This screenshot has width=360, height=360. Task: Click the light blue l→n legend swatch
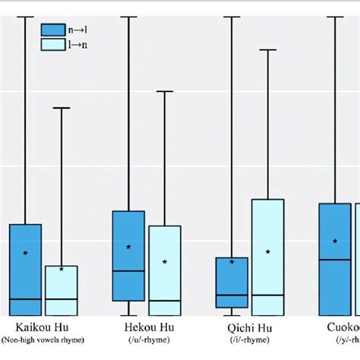52,45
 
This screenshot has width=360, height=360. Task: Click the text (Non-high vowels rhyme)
43,339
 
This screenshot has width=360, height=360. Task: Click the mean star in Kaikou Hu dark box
25,252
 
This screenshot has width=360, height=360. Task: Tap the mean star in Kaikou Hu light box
62,268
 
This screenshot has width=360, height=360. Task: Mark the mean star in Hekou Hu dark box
128,247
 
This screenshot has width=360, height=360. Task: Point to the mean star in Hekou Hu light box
165,261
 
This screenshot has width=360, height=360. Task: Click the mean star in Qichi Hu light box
268,251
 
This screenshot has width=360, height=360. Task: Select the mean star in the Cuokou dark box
335,241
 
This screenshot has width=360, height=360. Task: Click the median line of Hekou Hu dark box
128,270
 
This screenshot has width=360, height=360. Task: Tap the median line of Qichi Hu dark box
232,295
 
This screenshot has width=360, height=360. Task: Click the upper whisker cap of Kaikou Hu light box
62,108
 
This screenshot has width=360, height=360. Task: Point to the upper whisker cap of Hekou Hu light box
165,91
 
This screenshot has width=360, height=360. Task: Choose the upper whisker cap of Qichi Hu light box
268,49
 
